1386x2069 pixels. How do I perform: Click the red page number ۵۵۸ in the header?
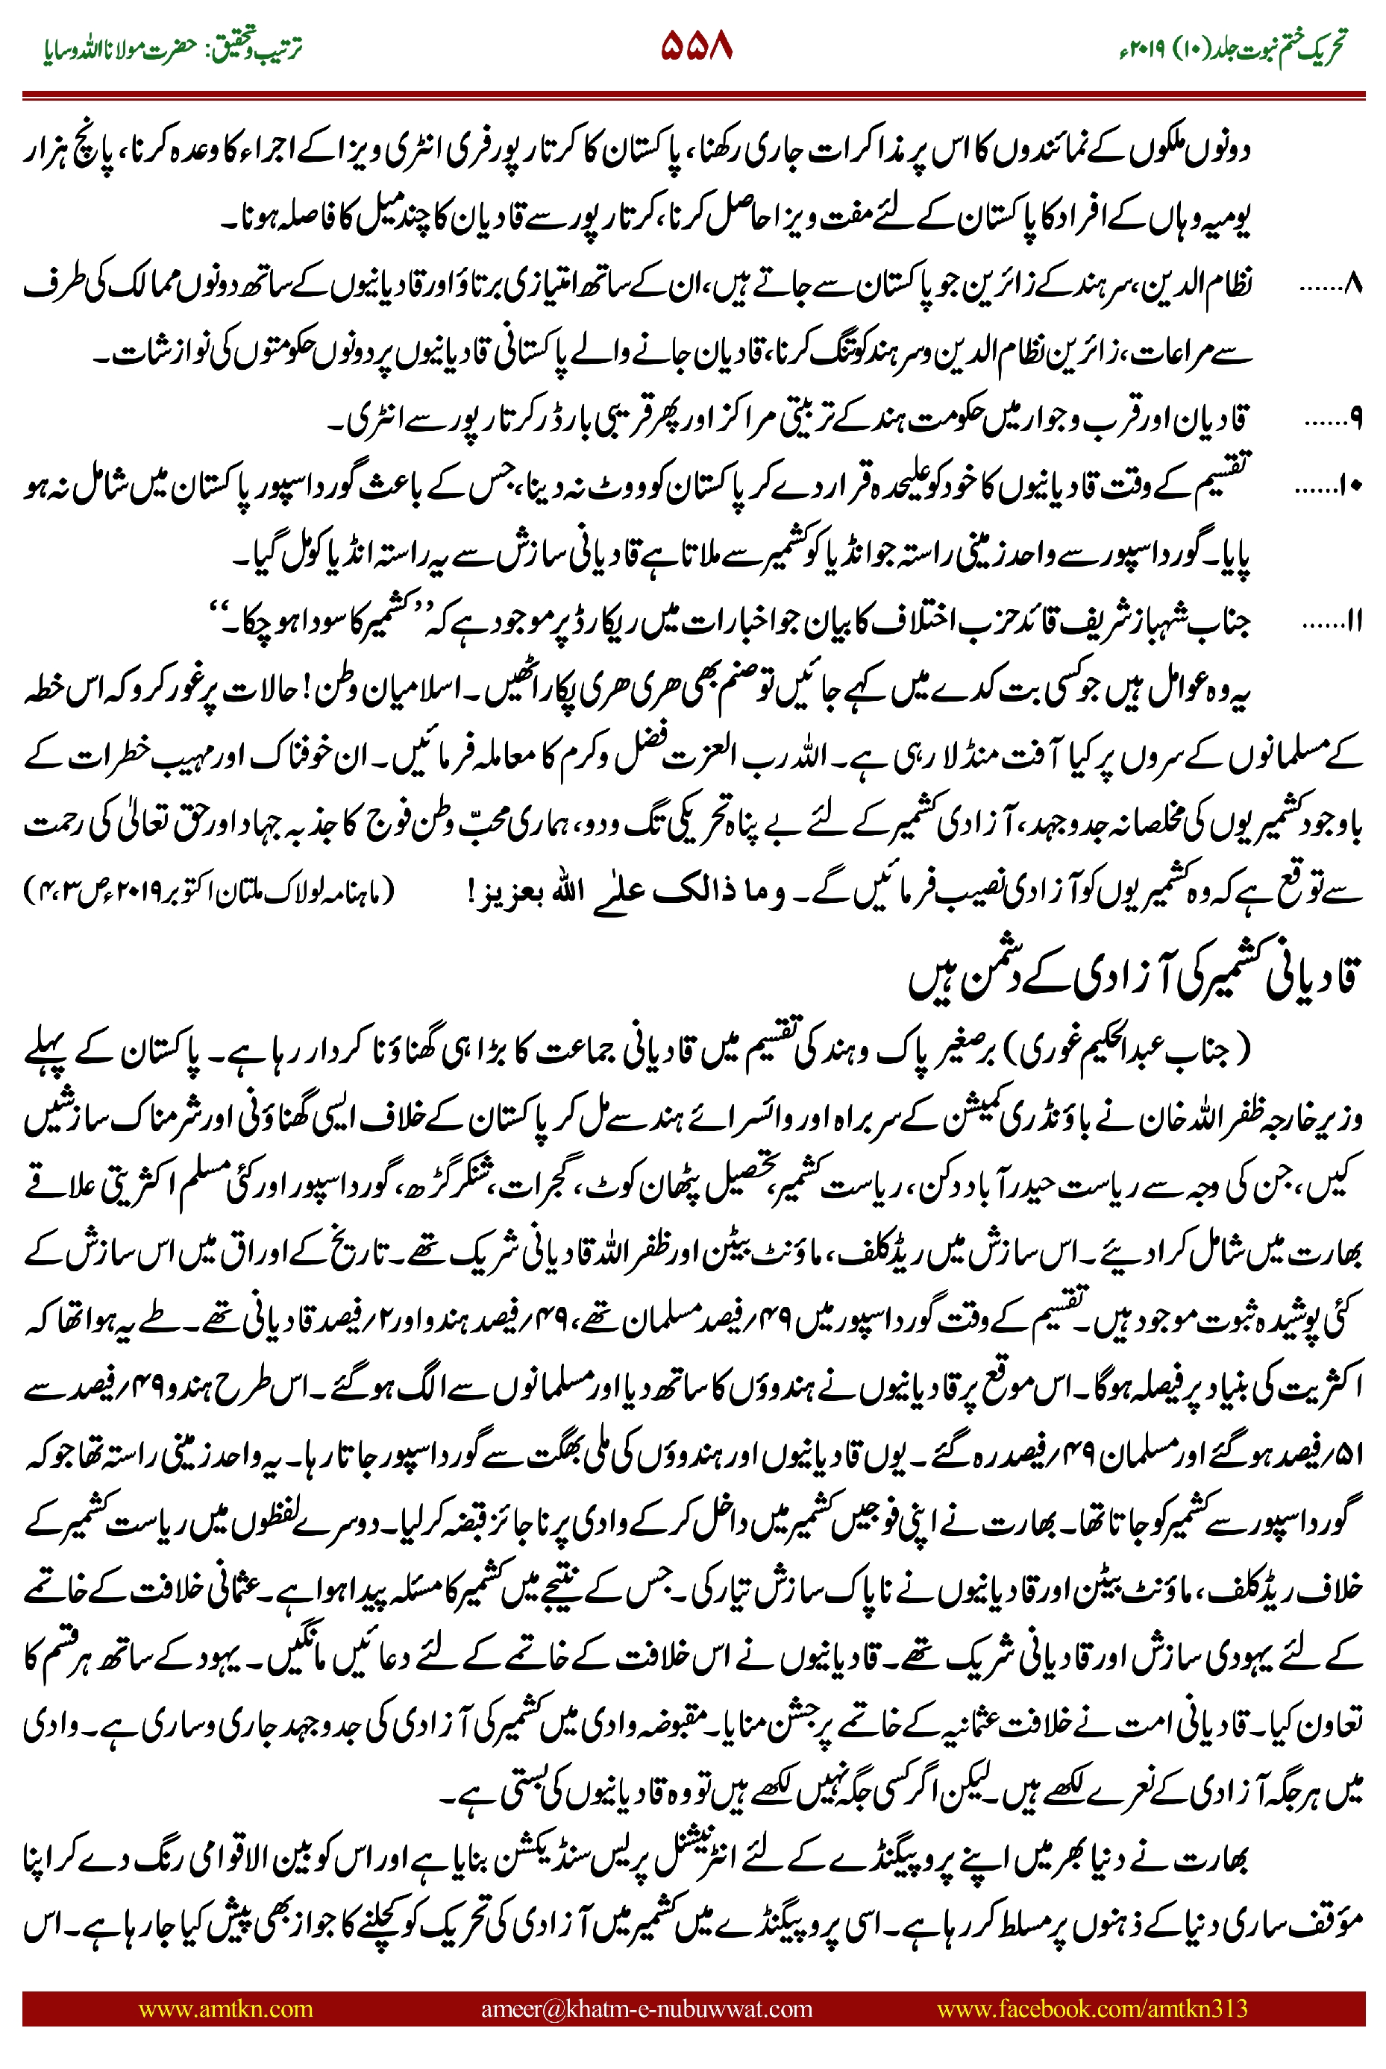tap(697, 46)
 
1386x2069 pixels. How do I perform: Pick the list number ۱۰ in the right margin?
tap(1351, 486)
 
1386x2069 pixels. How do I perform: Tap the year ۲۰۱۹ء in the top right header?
tap(1141, 51)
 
